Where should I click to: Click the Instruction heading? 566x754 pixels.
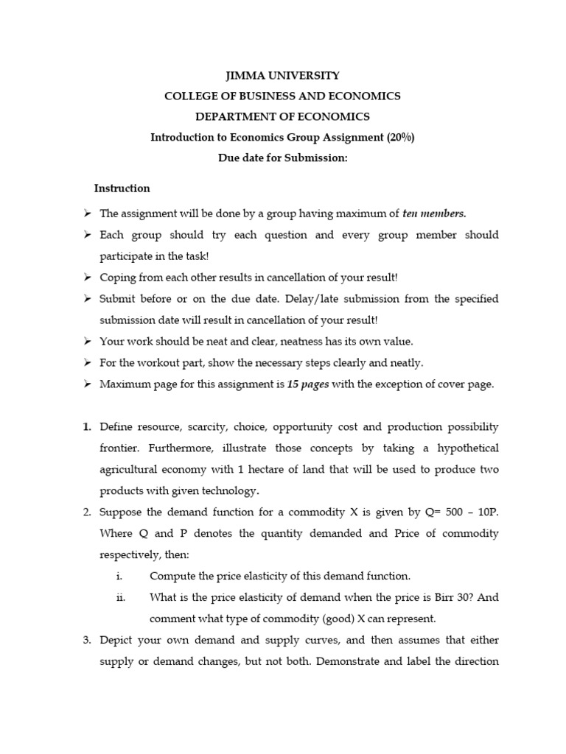(122, 188)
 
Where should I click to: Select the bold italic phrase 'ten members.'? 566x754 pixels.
(434, 214)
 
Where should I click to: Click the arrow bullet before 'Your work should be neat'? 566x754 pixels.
(87, 342)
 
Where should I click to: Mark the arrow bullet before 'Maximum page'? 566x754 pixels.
(87, 384)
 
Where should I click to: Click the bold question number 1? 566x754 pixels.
(86, 427)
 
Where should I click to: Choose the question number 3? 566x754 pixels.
(86, 641)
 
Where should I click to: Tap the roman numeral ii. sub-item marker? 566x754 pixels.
(121, 598)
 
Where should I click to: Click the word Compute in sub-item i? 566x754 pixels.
(171, 577)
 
